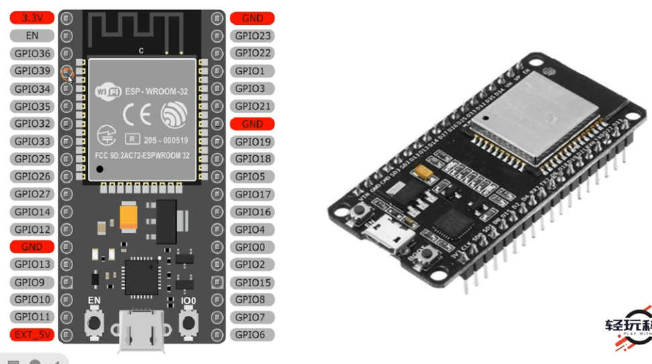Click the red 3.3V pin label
[x=32, y=18]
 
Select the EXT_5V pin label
[x=32, y=334]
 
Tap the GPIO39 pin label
[x=32, y=71]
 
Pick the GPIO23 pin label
[x=252, y=36]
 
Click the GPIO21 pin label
[x=252, y=106]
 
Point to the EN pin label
[x=32, y=36]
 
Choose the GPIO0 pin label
[x=252, y=247]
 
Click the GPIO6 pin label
[x=252, y=334]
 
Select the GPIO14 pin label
[x=32, y=212]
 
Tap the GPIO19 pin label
[x=252, y=142]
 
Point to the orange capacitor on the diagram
[x=129, y=216]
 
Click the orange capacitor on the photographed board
[x=424, y=173]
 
